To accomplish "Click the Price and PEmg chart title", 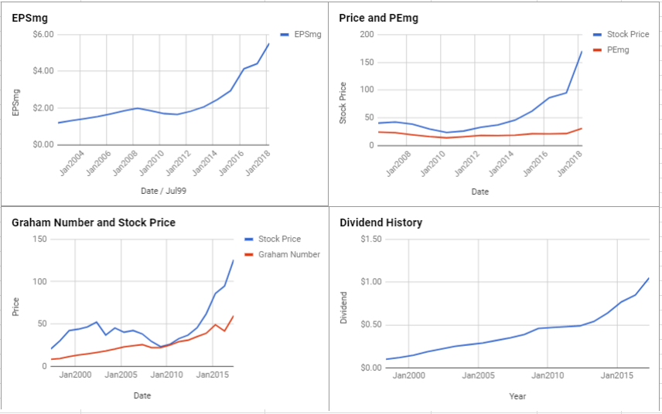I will coord(379,17).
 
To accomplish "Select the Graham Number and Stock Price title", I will coord(94,222).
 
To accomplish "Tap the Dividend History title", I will coord(381,222).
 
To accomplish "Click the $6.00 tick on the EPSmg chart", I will coord(43,35).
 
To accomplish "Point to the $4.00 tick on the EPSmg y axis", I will coord(43,71).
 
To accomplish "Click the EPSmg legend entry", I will coord(307,34).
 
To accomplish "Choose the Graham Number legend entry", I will coord(288,254).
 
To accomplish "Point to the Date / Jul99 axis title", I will coord(162,192).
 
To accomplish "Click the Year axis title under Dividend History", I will coord(517,396).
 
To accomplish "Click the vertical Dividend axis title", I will coord(345,307).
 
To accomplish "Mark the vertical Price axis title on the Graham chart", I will coord(15,307).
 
